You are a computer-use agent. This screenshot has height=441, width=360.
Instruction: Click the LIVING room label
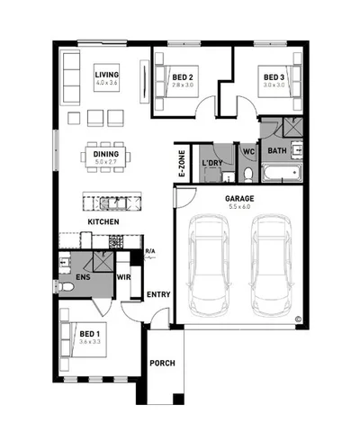[x=107, y=75]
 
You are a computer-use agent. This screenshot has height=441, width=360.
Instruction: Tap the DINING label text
[x=105, y=154]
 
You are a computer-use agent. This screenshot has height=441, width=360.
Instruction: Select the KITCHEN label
[x=103, y=221]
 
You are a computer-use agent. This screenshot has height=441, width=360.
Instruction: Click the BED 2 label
[x=183, y=77]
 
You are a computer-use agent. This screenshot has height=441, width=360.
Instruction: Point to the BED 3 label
[x=274, y=77]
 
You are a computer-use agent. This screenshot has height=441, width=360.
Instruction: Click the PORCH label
[x=163, y=364]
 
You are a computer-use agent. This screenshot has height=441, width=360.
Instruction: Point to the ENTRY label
[x=157, y=294]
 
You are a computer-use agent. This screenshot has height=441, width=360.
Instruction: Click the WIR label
[x=124, y=277]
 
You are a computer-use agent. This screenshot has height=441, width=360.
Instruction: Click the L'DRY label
[x=212, y=163]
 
